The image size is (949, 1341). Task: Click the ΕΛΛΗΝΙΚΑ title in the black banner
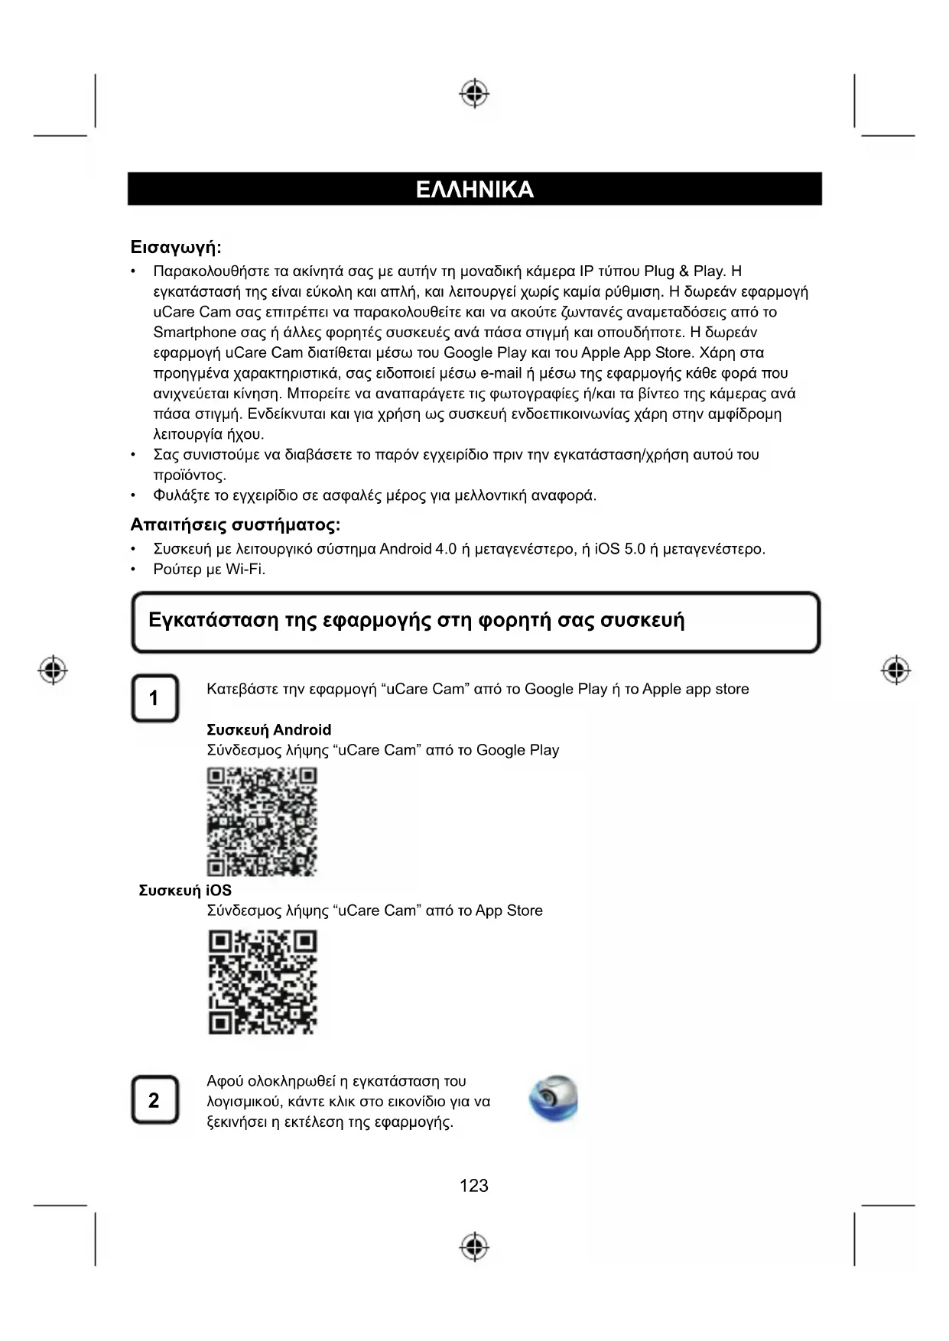[x=474, y=190]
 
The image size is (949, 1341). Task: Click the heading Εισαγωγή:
[x=176, y=248]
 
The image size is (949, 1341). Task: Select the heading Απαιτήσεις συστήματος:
[x=235, y=525]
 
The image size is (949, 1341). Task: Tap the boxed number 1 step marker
[x=154, y=698]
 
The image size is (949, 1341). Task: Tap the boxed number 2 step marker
[x=154, y=1100]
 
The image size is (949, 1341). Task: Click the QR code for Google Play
[x=262, y=822]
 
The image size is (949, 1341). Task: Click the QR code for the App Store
[x=262, y=982]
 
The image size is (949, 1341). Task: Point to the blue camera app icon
[x=554, y=1099]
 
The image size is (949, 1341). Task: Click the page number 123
[x=474, y=1186]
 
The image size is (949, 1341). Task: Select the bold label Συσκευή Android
[x=269, y=730]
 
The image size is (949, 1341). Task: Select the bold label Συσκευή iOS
[x=185, y=891]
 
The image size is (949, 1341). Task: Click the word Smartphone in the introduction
[x=194, y=333]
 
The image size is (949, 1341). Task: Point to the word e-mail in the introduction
[x=500, y=374]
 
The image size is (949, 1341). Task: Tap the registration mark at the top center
[x=474, y=93]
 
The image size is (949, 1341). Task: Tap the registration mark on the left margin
[x=53, y=670]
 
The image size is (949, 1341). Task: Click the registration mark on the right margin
[x=895, y=670]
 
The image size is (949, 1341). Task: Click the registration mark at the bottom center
[x=474, y=1246]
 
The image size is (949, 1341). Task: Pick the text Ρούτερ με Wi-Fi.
[x=209, y=570]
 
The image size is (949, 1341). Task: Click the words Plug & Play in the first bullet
[x=684, y=271]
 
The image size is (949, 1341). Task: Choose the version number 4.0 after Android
[x=445, y=549]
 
